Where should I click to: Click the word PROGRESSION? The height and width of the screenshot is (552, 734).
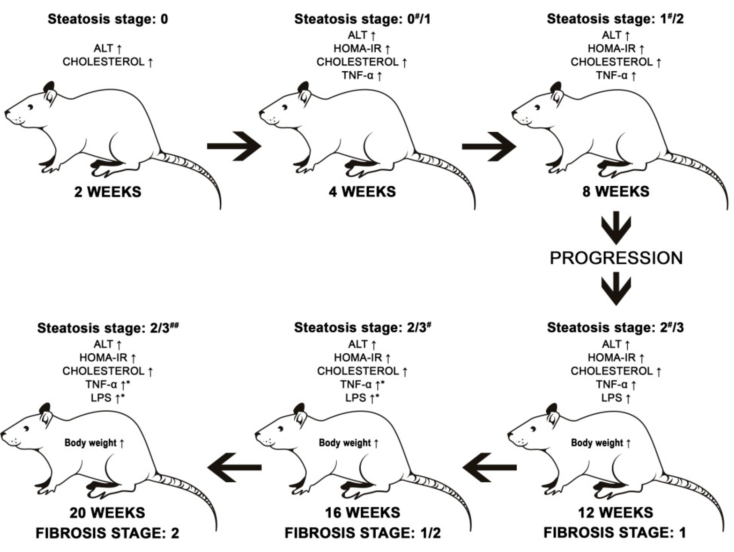pos(616,258)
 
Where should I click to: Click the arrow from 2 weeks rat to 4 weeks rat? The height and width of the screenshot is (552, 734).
pos(234,146)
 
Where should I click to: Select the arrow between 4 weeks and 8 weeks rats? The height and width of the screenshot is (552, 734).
pos(489,146)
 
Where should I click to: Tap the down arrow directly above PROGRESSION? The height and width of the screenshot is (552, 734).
pos(616,228)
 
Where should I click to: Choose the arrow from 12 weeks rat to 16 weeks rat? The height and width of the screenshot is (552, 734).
pos(489,468)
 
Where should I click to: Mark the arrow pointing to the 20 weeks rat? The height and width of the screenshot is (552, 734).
pos(235,468)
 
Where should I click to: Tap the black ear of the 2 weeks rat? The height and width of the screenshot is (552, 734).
pos(49,87)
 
